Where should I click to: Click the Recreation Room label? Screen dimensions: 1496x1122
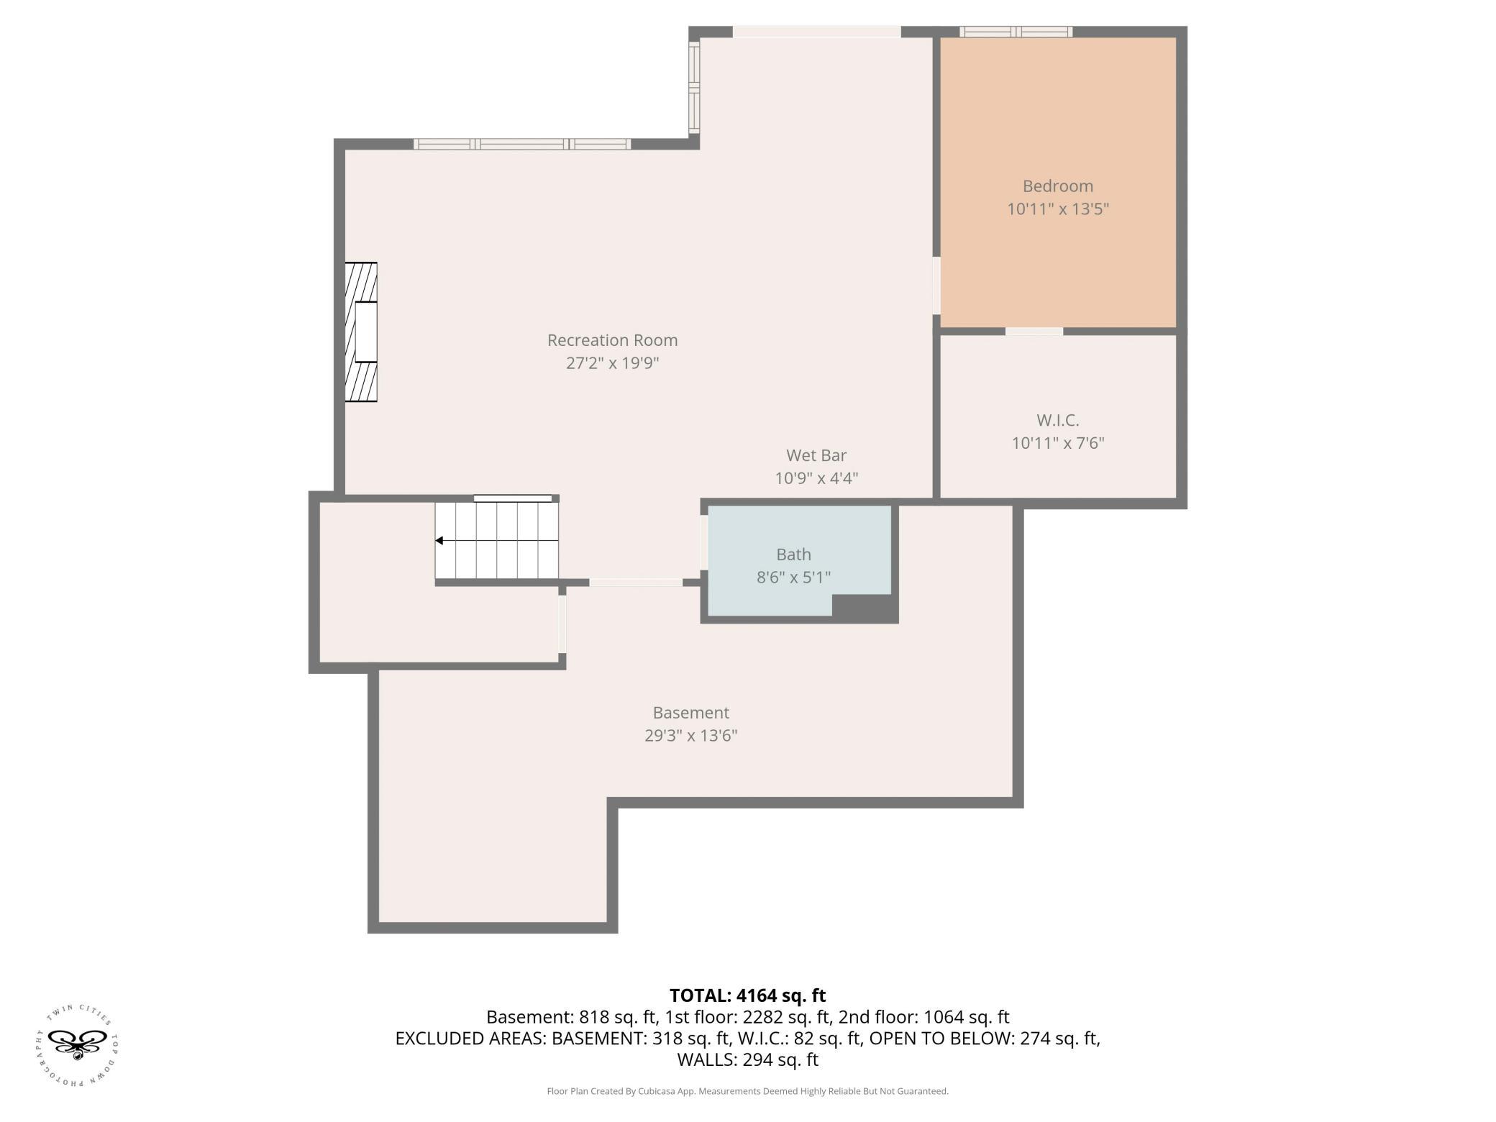click(x=612, y=340)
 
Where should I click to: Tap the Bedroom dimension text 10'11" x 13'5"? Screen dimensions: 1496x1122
click(x=1058, y=209)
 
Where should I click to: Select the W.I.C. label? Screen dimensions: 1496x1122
click(x=1058, y=420)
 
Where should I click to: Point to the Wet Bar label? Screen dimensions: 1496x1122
click(x=816, y=455)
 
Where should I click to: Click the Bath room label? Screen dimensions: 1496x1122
click(x=793, y=555)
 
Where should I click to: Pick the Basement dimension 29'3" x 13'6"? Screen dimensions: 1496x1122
click(x=691, y=736)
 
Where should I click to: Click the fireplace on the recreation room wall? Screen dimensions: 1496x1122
click(x=361, y=332)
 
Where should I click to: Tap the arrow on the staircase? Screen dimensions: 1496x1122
click(x=496, y=540)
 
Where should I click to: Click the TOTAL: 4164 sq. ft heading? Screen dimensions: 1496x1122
click(x=748, y=995)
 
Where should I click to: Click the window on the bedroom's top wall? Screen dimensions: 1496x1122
click(x=1016, y=32)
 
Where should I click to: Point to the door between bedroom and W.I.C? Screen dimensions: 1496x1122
click(x=1034, y=331)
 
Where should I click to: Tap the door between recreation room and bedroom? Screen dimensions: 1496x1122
click(x=936, y=286)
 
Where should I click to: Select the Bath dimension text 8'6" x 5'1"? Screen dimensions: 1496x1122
click(x=793, y=578)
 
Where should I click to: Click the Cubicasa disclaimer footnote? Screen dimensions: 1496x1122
click(x=748, y=1091)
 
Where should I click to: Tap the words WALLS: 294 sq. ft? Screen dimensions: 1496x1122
click(x=748, y=1059)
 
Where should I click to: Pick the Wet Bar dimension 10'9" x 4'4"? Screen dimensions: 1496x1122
click(x=816, y=478)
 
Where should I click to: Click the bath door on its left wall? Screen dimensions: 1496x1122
click(x=704, y=543)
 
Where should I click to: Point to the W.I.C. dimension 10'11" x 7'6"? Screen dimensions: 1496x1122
click(x=1058, y=443)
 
